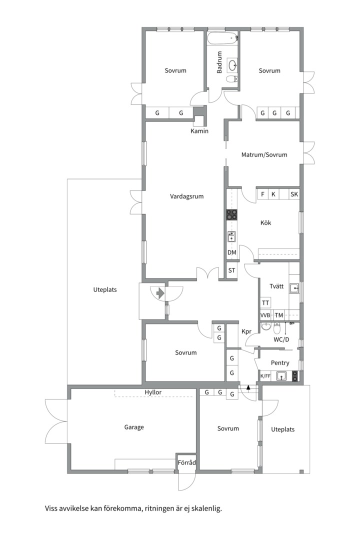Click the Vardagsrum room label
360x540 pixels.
[186, 196]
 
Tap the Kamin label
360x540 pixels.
[199, 131]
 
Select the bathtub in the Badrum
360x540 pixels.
[222, 38]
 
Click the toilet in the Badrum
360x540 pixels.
[232, 79]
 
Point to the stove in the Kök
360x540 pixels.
[231, 215]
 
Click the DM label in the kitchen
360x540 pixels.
[232, 252]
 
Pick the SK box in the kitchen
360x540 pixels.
[294, 194]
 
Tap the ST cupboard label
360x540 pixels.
[232, 270]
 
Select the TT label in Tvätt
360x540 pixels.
[265, 303]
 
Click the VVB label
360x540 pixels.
[265, 315]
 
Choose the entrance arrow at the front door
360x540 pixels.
[160, 293]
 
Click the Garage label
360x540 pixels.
[134, 427]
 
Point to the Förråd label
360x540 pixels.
[186, 462]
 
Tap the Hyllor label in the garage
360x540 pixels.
[153, 392]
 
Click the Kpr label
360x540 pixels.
[246, 331]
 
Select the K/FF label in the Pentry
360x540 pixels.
[265, 376]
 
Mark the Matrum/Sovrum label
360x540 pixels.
[264, 155]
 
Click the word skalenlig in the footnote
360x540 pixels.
[207, 508]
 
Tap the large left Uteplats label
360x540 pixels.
[105, 290]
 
